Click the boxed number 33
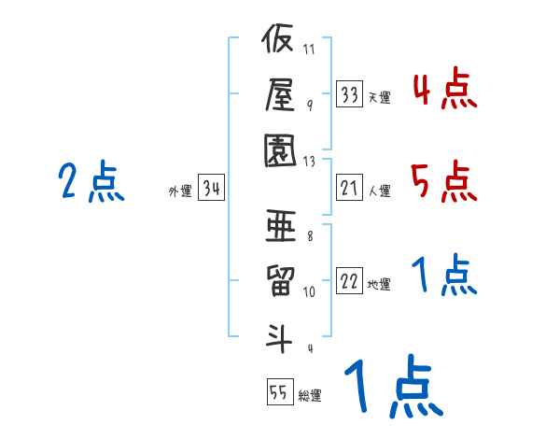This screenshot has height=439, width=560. tap(349, 94)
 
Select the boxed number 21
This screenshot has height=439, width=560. tap(349, 189)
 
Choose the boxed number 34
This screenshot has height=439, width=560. tap(210, 189)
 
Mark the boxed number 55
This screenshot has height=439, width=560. tap(278, 391)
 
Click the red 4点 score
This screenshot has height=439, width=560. tap(444, 92)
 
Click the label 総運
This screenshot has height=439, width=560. tap(310, 395)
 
